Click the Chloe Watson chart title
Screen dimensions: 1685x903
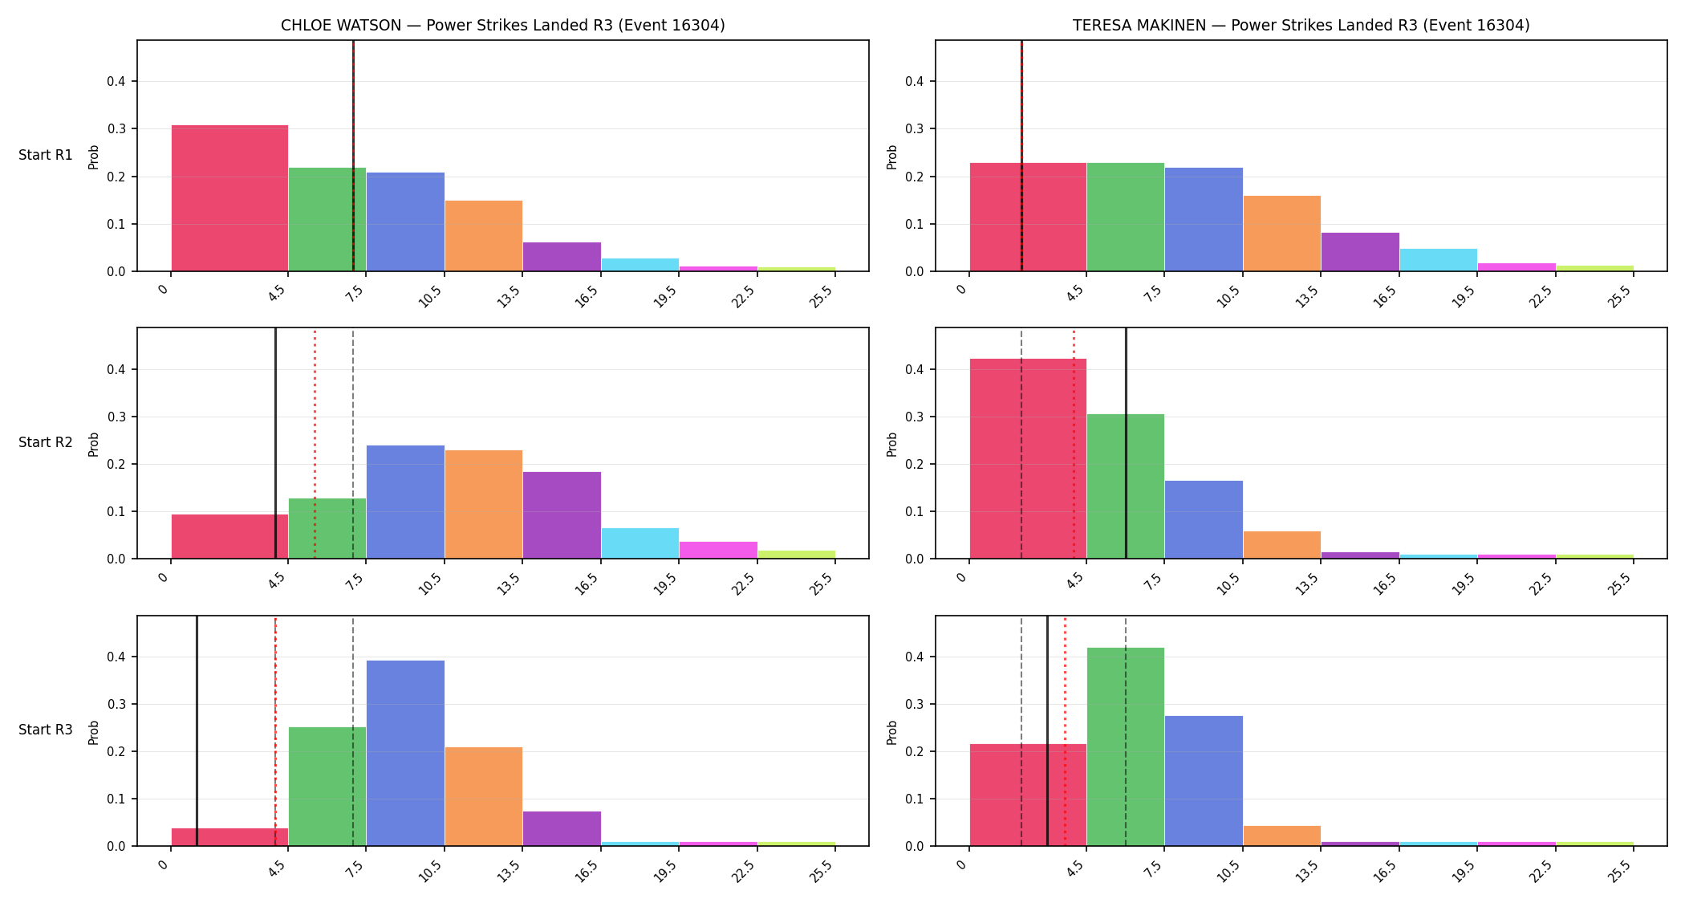[502, 25]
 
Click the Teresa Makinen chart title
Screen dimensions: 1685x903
[1301, 25]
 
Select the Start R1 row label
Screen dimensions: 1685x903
[46, 155]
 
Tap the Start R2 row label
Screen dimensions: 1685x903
[46, 442]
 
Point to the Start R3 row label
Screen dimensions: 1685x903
[46, 730]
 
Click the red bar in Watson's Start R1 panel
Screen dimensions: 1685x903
[229, 198]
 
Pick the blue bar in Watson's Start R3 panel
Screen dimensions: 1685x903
[405, 753]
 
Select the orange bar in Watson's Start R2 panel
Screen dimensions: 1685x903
[484, 504]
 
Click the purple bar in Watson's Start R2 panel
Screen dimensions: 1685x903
[562, 515]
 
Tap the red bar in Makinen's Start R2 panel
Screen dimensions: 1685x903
[1028, 458]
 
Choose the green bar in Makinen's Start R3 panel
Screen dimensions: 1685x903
[1125, 746]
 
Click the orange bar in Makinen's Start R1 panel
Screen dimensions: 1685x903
[1282, 234]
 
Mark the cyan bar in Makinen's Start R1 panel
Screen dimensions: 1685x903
[1439, 260]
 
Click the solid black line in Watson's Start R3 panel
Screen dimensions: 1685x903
[197, 730]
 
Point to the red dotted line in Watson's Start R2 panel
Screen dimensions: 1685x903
[315, 443]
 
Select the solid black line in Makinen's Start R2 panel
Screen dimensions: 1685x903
[1126, 443]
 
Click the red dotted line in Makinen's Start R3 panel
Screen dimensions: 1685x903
[1065, 730]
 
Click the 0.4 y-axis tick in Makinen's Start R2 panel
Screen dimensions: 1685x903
[915, 369]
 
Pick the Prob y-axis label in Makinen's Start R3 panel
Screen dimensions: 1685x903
[891, 732]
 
